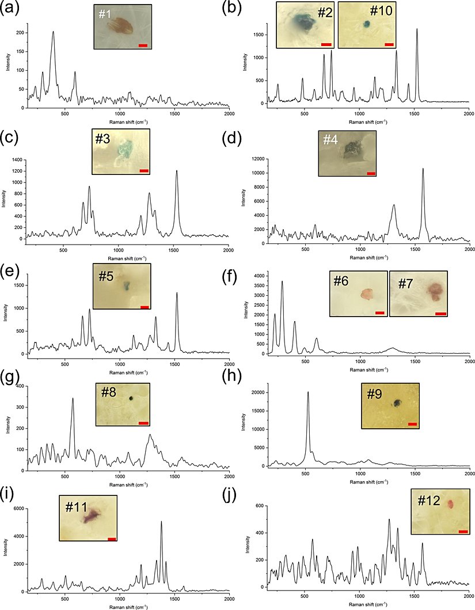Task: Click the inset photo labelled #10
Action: (367, 25)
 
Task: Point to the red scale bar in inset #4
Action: (371, 173)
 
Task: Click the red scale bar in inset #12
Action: (463, 531)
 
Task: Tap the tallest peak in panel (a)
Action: (53, 32)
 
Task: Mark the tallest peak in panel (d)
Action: (423, 169)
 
